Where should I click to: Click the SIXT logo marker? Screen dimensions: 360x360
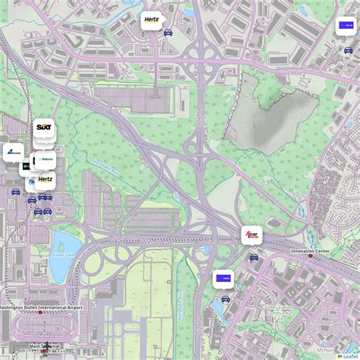(x=43, y=131)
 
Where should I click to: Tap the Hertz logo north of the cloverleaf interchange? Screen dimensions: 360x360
(x=152, y=21)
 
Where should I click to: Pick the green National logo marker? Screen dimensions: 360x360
(x=46, y=160)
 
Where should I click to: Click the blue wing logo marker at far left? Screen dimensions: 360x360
(x=14, y=152)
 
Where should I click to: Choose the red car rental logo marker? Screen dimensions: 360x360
(x=251, y=235)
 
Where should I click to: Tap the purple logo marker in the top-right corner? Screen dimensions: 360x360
(x=346, y=25)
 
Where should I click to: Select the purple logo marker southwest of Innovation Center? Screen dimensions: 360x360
(x=223, y=278)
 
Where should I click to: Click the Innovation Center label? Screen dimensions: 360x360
(x=330, y=250)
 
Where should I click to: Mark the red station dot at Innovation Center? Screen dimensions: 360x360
(x=310, y=255)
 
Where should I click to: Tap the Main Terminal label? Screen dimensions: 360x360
(x=45, y=346)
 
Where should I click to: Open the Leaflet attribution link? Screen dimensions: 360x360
(x=350, y=355)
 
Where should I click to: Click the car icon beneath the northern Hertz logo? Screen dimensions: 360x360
(x=168, y=33)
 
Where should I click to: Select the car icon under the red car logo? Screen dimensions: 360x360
(x=254, y=257)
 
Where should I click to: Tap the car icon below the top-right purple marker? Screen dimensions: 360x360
(x=348, y=50)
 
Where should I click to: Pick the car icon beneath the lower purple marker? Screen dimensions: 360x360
(x=225, y=299)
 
